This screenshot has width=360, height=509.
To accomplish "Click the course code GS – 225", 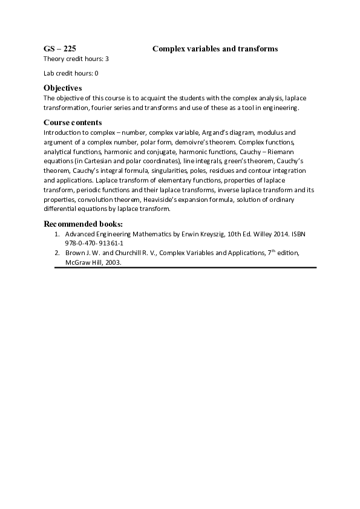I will click(x=59, y=48).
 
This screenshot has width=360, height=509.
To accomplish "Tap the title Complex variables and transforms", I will click(x=215, y=48).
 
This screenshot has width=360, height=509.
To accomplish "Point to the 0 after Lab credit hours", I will click(x=96, y=73).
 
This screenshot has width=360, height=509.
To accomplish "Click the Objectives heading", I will click(x=62, y=88).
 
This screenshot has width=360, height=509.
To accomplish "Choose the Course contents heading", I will click(x=73, y=123).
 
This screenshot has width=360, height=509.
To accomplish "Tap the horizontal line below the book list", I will click(x=185, y=267).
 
